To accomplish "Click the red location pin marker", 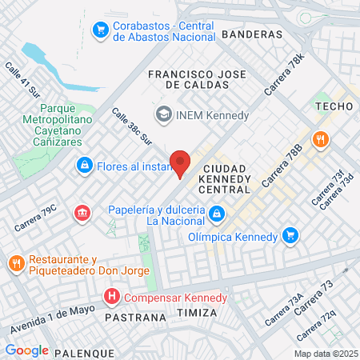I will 180,162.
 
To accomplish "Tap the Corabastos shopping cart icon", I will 101,30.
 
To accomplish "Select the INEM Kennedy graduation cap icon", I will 165,114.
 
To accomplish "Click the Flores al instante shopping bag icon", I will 83,166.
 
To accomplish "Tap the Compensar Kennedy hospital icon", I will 112,298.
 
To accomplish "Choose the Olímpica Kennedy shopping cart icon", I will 290,236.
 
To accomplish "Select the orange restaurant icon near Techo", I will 320,139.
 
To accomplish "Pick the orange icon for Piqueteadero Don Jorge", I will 16,263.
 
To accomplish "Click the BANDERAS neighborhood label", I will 252,34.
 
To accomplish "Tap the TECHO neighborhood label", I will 334,106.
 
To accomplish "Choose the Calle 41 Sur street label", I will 22,80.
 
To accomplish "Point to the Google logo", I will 27,350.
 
